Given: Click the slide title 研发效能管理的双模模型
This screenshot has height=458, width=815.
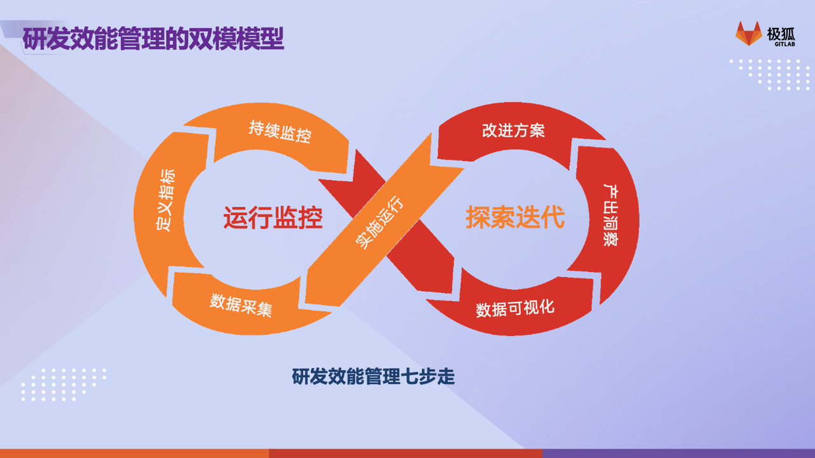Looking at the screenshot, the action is click(153, 38).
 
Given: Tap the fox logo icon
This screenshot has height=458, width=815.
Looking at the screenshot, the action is click(748, 34).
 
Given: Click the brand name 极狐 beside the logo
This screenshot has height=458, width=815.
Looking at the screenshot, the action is click(781, 34).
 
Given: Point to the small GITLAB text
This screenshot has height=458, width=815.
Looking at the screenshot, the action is click(784, 44).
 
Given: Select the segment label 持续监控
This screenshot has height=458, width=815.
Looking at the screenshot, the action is click(280, 132).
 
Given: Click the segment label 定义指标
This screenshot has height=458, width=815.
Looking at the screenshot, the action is click(166, 200).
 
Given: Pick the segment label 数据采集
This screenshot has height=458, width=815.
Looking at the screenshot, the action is click(241, 306).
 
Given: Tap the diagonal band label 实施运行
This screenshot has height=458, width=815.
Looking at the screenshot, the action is click(379, 222).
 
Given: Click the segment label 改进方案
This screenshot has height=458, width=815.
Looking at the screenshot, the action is click(513, 131).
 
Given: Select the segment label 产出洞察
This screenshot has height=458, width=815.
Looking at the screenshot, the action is click(611, 215).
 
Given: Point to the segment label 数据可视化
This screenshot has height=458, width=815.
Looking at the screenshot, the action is click(515, 308).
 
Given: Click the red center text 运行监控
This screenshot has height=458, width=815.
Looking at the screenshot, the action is click(273, 217).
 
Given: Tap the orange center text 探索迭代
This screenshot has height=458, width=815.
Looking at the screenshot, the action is click(515, 217).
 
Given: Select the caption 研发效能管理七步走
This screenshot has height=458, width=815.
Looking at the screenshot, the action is click(373, 376).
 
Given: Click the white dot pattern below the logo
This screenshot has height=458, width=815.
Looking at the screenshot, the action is click(770, 75).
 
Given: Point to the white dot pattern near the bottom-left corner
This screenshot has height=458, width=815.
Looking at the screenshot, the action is click(64, 385).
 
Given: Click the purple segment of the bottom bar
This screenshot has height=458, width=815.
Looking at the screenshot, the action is click(679, 454).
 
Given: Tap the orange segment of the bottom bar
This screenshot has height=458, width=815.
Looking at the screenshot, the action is click(134, 454).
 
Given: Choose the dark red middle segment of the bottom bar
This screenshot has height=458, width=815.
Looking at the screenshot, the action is click(406, 454).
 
